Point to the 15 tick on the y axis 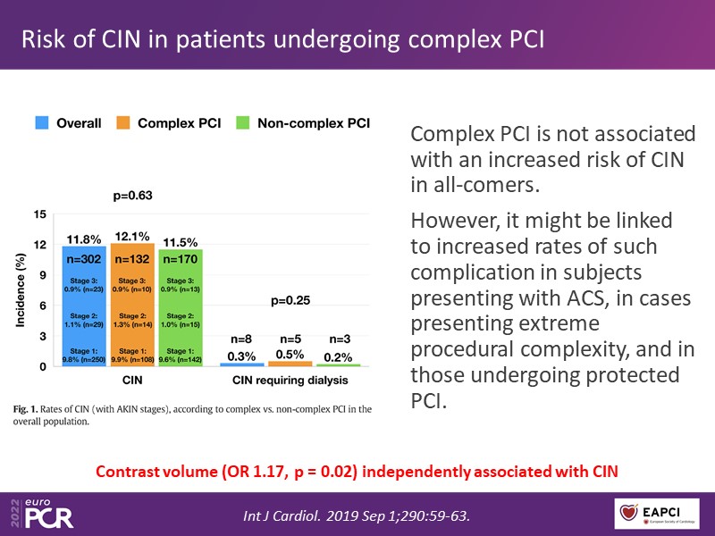(39, 215)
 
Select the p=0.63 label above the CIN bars (132, 196)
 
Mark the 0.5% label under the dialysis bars (291, 356)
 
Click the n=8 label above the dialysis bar (242, 339)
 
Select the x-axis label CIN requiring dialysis (290, 380)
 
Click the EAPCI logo (656, 512)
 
